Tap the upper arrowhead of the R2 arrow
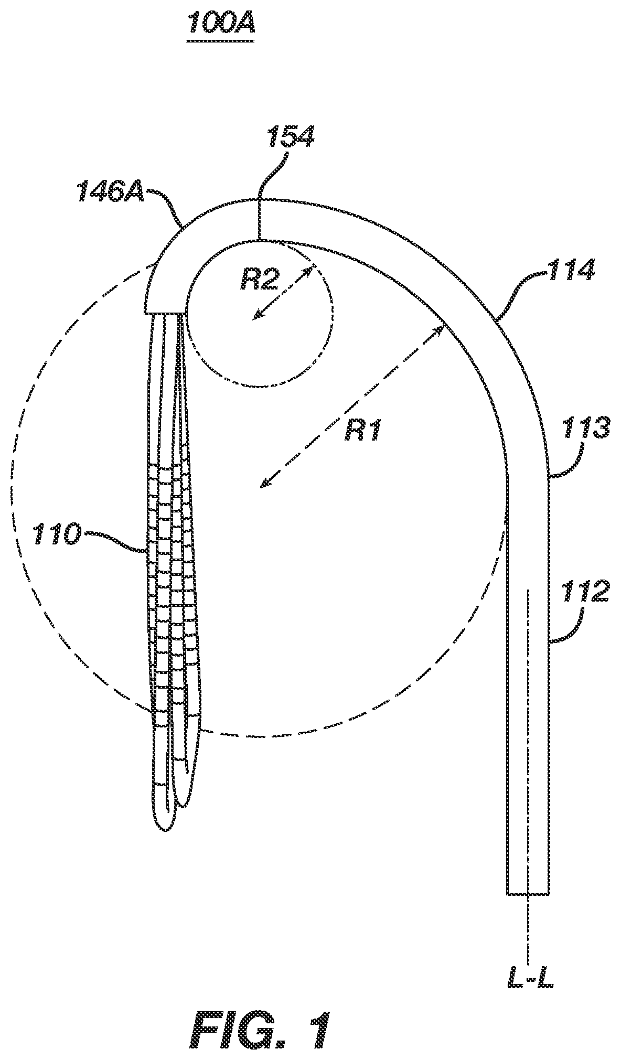click(x=311, y=271)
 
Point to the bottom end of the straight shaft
click(x=528, y=893)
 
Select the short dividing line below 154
click(x=260, y=219)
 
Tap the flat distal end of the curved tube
click(x=164, y=314)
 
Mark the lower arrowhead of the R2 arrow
click(x=255, y=316)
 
